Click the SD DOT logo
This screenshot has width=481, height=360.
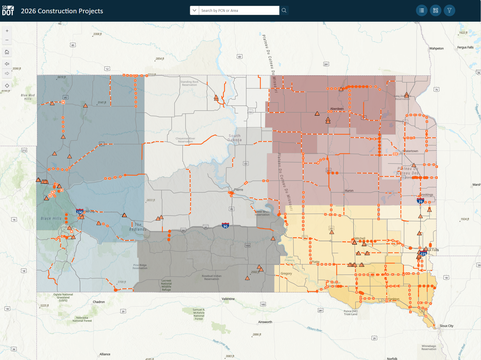(x=8, y=11)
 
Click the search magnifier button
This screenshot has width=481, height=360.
(x=284, y=10)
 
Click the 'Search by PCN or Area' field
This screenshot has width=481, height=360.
(x=239, y=10)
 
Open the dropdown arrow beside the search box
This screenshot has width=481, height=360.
(x=195, y=10)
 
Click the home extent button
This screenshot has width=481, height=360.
(x=7, y=52)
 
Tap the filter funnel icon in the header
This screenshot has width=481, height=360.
(x=449, y=10)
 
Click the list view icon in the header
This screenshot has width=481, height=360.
(x=421, y=10)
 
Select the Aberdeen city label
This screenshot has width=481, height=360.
(x=337, y=109)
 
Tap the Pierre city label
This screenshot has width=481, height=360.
(x=238, y=190)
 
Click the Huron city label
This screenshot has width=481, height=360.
(x=349, y=190)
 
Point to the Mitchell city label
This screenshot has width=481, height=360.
(x=360, y=238)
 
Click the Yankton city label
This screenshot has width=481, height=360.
(x=394, y=299)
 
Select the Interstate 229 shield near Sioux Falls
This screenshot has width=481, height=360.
(x=423, y=254)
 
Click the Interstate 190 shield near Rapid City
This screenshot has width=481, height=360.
(x=80, y=212)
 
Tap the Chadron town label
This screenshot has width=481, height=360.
(x=99, y=302)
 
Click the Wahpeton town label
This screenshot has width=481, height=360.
(x=436, y=48)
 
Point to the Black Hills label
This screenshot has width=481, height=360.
(x=51, y=218)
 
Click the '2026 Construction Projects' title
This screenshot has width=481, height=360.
(x=62, y=11)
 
